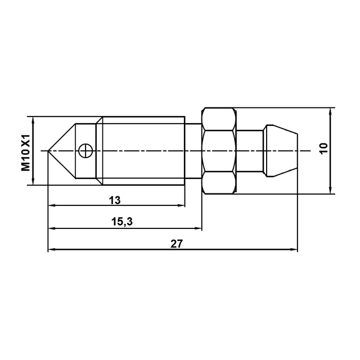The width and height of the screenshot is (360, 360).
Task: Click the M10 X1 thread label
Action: [26, 152]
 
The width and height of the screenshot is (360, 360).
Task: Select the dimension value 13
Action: [115, 200]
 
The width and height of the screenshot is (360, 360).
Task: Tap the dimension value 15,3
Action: [122, 222]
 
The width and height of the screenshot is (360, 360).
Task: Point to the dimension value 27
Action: [176, 244]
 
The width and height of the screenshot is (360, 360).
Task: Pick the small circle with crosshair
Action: [85, 151]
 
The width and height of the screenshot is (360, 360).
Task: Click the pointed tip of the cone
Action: [48, 151]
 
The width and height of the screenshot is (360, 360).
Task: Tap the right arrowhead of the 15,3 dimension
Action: [198, 228]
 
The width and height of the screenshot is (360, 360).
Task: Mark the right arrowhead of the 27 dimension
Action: [294, 250]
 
